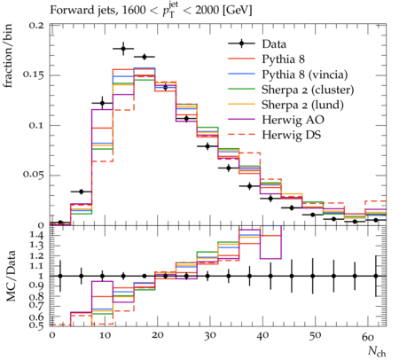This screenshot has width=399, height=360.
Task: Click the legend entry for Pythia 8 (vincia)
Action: pyautogui.click(x=305, y=74)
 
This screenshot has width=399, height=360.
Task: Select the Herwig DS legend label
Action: pyautogui.click(x=292, y=135)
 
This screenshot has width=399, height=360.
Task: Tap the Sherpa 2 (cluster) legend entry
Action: pyautogui.click(x=308, y=90)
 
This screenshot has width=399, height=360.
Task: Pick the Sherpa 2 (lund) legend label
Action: pyautogui.click(x=302, y=105)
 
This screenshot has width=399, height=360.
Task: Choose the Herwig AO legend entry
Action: pyautogui.click(x=293, y=120)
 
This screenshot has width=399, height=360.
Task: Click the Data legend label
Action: pyautogui.click(x=274, y=44)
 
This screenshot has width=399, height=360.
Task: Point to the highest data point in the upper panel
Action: pyautogui.click(x=123, y=49)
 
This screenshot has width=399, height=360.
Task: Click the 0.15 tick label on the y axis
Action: pyautogui.click(x=33, y=74)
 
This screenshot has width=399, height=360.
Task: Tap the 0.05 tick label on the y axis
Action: pyautogui.click(x=33, y=174)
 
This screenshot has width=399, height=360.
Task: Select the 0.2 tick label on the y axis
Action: pyautogui.click(x=36, y=25)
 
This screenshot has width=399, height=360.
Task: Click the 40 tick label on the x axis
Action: pyautogui.click(x=262, y=335)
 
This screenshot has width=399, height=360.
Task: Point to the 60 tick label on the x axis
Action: pyautogui.click(x=368, y=337)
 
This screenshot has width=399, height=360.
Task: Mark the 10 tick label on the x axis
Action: pyautogui.click(x=105, y=335)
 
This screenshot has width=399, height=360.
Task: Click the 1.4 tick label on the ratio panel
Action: pyautogui.click(x=37, y=236)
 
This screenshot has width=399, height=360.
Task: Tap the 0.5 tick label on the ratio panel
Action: pyautogui.click(x=37, y=325)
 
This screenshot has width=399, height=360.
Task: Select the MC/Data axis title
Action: pyautogui.click(x=11, y=276)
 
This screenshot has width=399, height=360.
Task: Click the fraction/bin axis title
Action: pyautogui.click(x=8, y=56)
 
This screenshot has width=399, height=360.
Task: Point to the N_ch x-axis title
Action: pyautogui.click(x=377, y=352)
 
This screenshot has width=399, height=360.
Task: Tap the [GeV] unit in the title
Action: pyautogui.click(x=238, y=11)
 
